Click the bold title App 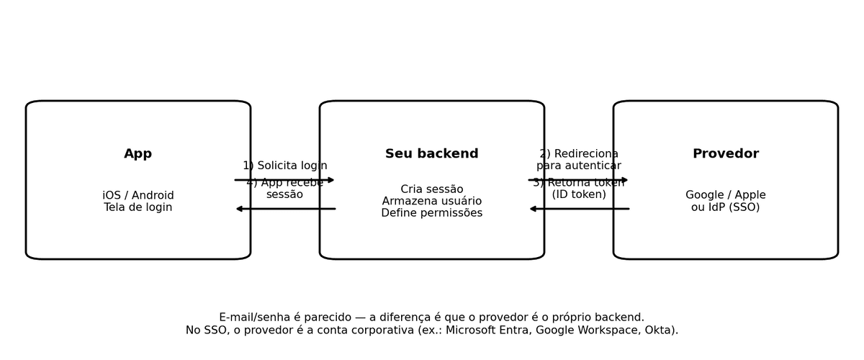(138, 154)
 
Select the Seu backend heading (432, 154)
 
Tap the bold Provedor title (726, 154)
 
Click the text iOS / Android (138, 196)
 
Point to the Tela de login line (138, 207)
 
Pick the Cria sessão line (432, 189)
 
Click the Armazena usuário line (432, 202)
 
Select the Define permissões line (432, 213)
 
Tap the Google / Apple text (726, 196)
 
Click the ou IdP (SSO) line (726, 207)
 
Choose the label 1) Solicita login (285, 166)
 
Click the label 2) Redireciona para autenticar (579, 160)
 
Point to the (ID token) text (579, 194)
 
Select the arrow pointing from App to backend (285, 180)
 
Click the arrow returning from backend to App (285, 209)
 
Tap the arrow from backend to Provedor (579, 180)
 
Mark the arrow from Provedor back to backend (579, 209)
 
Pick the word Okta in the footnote (657, 330)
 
